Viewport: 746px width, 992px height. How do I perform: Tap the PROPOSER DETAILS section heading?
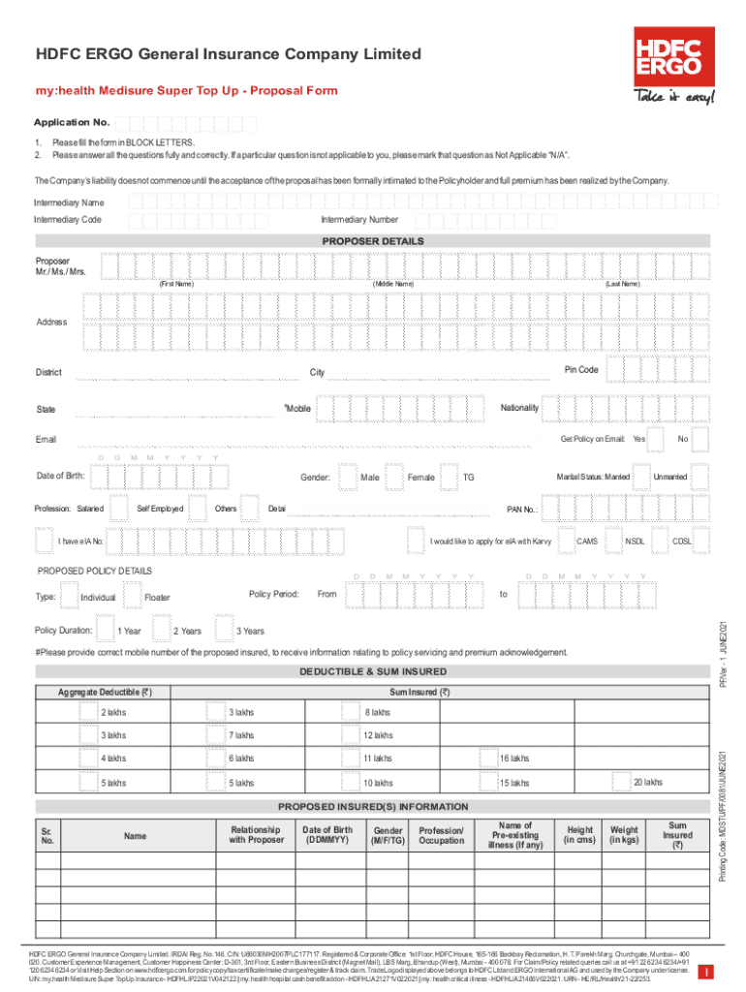tap(372, 241)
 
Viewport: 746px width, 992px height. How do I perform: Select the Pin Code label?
tap(581, 370)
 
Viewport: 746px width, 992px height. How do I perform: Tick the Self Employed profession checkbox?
tap(123, 509)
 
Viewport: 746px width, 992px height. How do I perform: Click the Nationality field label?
tap(519, 408)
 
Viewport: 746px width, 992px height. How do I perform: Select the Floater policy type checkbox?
tap(132, 596)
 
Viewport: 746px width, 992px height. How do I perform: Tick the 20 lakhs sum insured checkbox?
tap(620, 782)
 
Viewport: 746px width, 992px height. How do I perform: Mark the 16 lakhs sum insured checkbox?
tap(486, 758)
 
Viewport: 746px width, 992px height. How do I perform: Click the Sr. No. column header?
tap(47, 834)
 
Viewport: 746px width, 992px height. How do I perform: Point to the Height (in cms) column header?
tap(579, 834)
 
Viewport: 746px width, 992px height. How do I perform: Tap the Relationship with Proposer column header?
tap(255, 834)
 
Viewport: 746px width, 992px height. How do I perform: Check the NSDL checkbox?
tap(612, 541)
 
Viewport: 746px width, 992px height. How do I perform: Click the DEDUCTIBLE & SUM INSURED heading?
tap(372, 671)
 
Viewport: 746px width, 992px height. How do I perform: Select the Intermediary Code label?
tap(68, 220)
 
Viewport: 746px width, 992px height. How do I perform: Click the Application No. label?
tap(72, 124)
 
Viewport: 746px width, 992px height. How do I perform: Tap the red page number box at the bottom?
tap(709, 971)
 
